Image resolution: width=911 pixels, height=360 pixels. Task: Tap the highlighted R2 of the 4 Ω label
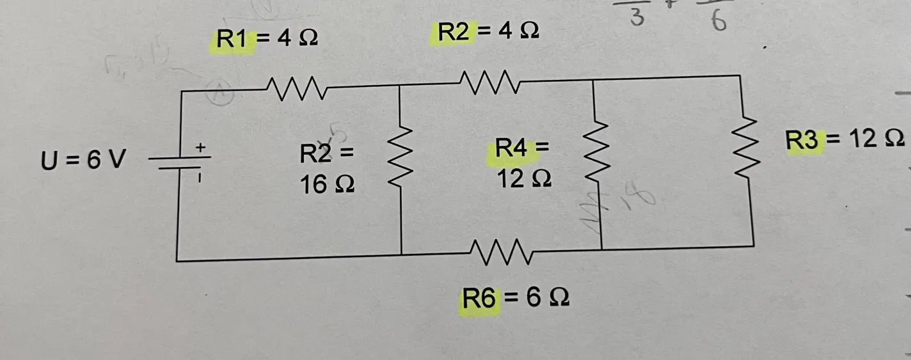coord(453,32)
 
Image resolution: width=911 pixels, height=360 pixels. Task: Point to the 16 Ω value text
coord(327,184)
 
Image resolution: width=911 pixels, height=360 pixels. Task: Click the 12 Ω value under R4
coord(524,180)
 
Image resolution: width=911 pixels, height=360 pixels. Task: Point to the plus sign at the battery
coord(200,148)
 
